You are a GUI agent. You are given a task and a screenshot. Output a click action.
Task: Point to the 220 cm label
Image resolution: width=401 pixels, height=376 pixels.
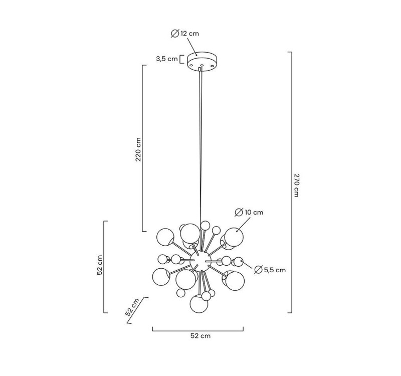(x=138, y=149)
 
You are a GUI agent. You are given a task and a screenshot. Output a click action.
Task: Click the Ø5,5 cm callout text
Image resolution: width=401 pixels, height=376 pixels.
(x=270, y=270)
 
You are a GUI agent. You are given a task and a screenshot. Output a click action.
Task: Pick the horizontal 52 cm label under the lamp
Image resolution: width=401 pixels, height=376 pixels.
(x=200, y=336)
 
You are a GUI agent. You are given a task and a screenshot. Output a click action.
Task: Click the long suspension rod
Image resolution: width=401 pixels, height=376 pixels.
(x=201, y=150)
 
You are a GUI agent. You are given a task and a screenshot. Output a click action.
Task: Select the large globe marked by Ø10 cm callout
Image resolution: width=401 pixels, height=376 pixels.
(x=234, y=237)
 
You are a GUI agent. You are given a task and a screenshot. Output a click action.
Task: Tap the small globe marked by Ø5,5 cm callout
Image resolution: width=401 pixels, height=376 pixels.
(x=239, y=261)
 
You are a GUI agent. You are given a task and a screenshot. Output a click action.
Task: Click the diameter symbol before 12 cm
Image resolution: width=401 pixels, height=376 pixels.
(x=174, y=34)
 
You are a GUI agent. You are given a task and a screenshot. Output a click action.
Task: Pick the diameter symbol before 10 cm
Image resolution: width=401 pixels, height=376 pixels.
(x=239, y=213)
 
